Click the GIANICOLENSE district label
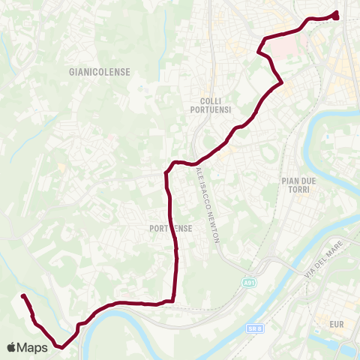point(99,72)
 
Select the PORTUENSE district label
point(172,227)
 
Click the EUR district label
point(335,325)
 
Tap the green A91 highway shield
point(249,282)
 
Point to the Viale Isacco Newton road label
point(206,204)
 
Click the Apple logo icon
point(13,347)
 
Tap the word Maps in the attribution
point(34,347)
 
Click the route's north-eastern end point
point(334,15)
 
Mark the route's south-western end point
point(22,296)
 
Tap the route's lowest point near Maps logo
point(61,346)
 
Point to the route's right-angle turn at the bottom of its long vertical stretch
point(175,301)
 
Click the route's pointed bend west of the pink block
point(259,52)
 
